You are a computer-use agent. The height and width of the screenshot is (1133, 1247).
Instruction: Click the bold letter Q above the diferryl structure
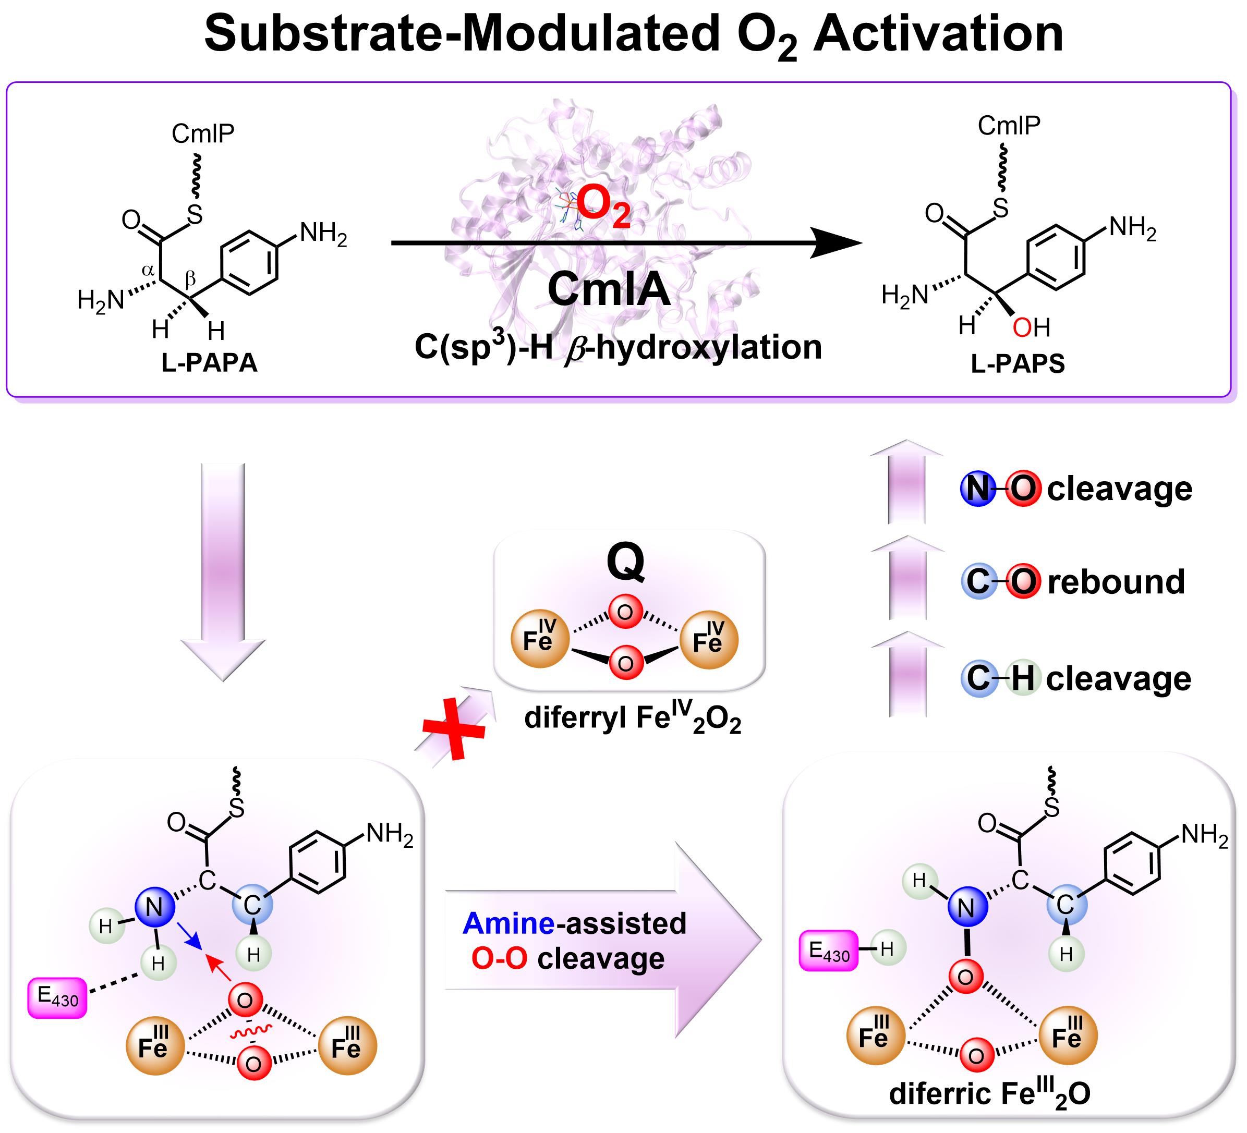[625, 562]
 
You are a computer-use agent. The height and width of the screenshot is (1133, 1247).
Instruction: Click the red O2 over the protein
[603, 208]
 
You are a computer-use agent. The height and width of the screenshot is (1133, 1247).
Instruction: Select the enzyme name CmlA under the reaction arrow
[609, 289]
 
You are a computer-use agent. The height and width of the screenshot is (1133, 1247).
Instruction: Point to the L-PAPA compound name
[209, 363]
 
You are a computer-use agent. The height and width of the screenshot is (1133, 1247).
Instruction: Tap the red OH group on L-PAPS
[1031, 328]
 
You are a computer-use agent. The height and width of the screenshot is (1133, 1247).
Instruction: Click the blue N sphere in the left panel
[154, 908]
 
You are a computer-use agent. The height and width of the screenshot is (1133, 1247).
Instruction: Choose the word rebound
[1116, 582]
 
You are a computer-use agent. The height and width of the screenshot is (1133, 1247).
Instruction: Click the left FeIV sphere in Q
[539, 639]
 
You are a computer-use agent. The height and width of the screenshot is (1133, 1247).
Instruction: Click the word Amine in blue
[509, 923]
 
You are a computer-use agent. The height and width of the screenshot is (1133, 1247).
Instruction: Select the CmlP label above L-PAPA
[203, 133]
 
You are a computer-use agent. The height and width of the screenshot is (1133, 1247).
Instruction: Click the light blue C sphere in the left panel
[252, 906]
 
